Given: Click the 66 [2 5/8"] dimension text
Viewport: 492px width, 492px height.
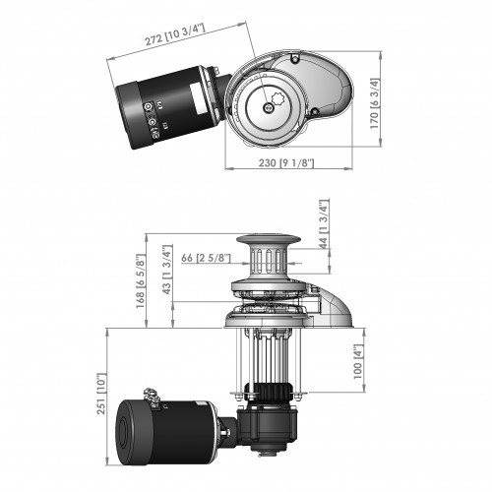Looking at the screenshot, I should click(206, 257).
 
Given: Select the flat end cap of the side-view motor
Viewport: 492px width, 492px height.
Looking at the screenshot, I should click(129, 434).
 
